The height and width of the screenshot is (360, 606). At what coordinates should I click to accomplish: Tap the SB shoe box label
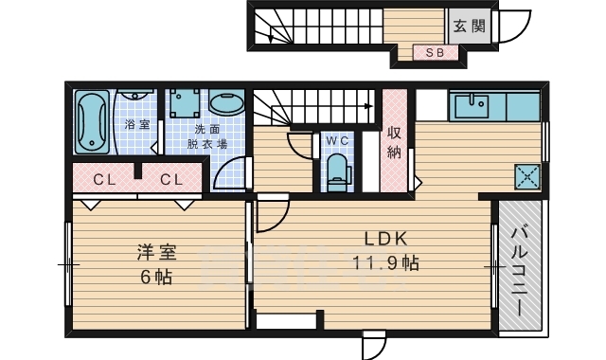[436, 52]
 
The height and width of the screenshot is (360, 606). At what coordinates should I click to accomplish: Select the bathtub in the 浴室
[93, 122]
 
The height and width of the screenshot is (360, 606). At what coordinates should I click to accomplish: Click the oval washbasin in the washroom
[225, 104]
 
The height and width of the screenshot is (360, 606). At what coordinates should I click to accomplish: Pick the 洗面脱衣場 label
[206, 136]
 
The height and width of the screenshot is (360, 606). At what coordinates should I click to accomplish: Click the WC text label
[337, 140]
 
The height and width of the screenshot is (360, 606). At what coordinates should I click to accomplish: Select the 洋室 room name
[156, 252]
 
